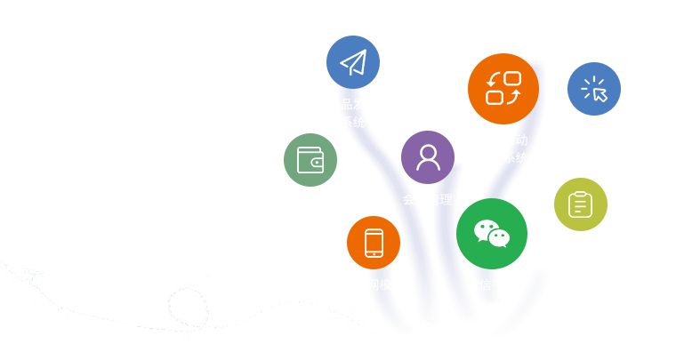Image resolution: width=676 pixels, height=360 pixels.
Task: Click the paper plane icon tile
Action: (352, 62)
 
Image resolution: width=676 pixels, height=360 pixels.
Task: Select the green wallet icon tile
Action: (310, 160)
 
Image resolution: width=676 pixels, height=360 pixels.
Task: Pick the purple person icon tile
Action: (428, 157)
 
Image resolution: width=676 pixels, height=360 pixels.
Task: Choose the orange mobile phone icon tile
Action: (374, 242)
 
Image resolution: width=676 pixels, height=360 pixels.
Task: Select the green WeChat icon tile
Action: (491, 233)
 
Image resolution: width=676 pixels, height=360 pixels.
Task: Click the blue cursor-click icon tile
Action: (593, 89)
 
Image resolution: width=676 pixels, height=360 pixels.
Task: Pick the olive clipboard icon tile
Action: (580, 204)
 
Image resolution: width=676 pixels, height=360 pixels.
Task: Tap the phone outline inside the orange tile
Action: (374, 242)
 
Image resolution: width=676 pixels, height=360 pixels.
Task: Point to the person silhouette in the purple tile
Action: (428, 157)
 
